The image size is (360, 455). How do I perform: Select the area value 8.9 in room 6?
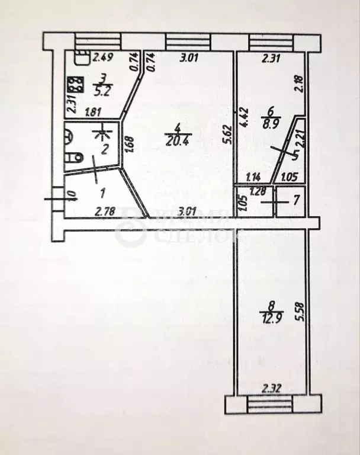coord(270,124)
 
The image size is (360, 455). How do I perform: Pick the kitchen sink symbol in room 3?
coord(81,58)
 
